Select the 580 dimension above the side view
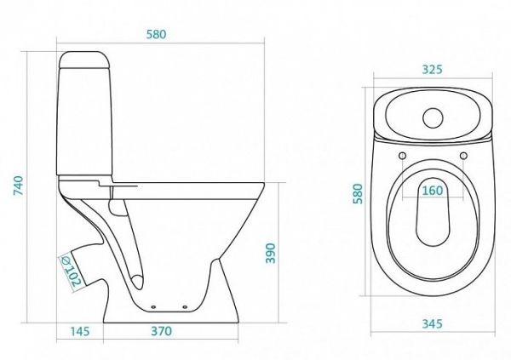[154, 35]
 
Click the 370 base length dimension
[161, 331]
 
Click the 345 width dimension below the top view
[433, 324]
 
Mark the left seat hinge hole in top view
[400, 156]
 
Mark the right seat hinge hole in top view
[464, 156]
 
